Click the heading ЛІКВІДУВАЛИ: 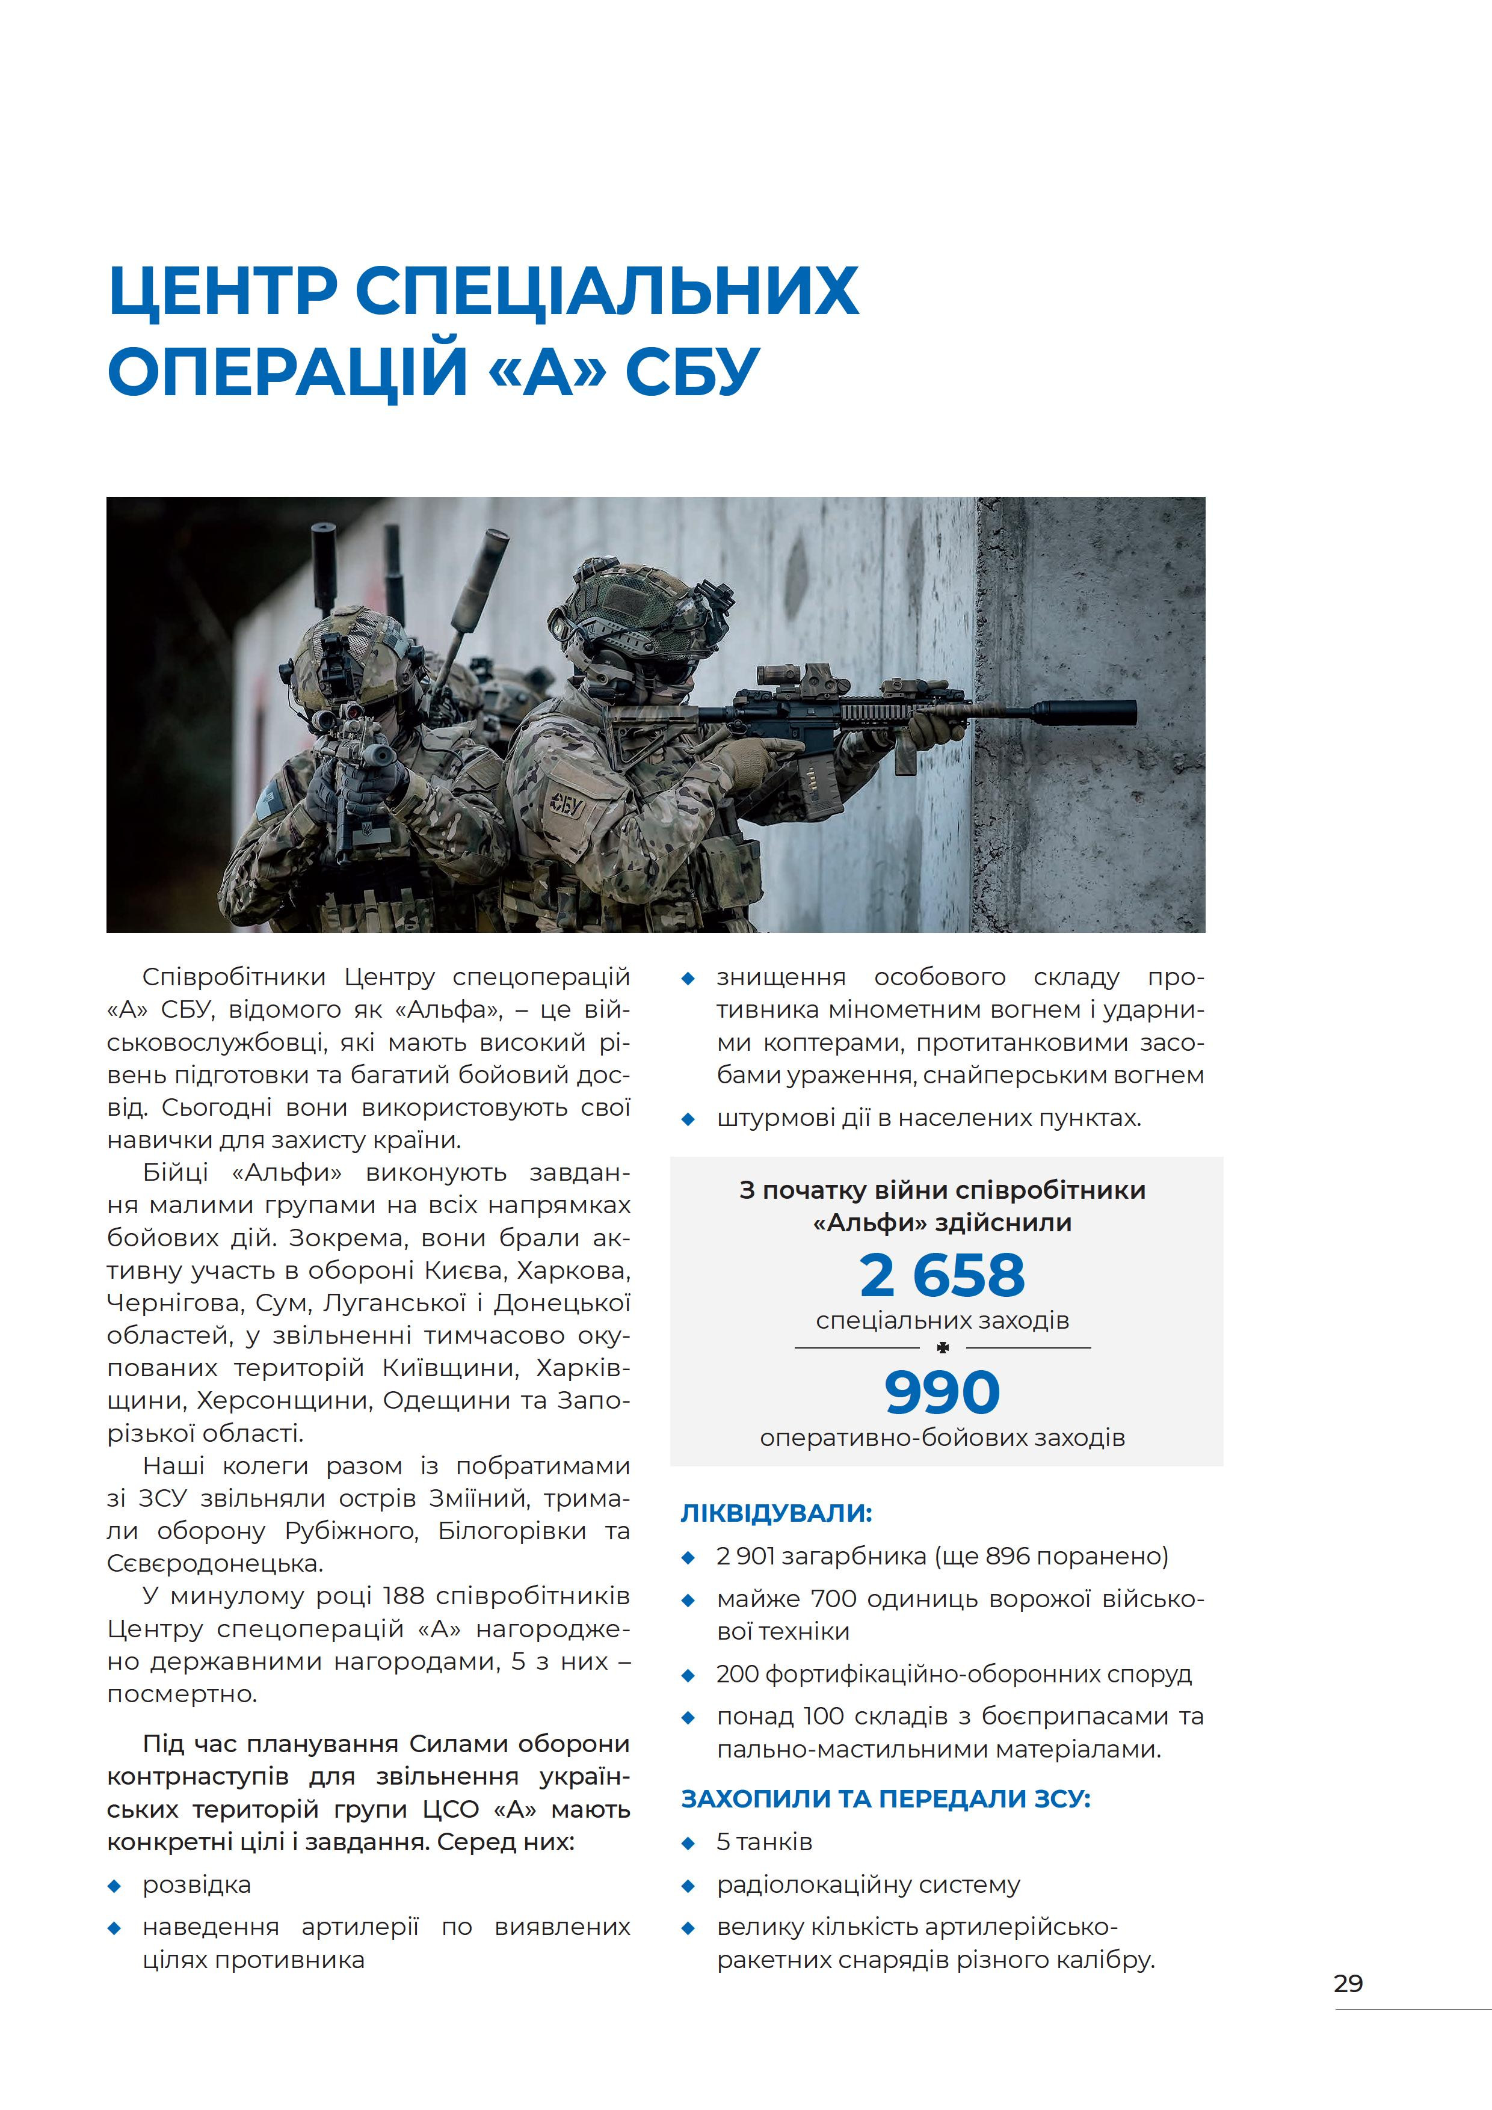tap(776, 1513)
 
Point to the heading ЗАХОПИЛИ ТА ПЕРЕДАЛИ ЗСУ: tap(885, 1798)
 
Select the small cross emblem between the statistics tap(942, 1348)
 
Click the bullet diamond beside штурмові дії tap(688, 1119)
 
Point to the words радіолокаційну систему tap(868, 1885)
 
